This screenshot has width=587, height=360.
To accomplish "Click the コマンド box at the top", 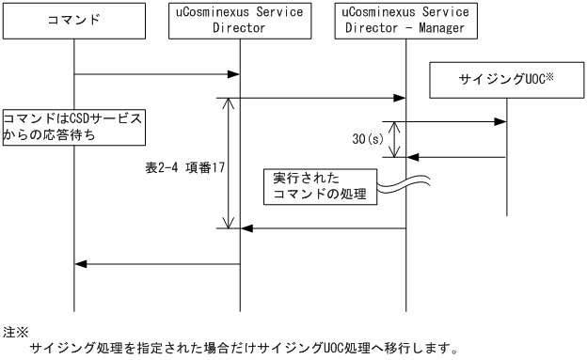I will (73, 21).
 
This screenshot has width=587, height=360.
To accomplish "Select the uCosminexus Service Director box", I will (240, 21).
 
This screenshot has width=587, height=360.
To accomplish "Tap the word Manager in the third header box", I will (452, 29).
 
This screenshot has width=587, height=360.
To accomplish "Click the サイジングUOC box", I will (507, 81).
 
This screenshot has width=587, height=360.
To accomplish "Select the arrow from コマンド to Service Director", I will (156, 74).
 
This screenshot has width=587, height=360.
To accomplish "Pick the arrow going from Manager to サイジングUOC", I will (456, 120).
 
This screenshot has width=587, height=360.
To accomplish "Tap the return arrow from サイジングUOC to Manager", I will (456, 157).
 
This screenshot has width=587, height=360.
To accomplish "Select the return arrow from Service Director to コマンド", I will (156, 263).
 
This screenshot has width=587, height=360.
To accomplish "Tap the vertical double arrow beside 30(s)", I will (396, 138).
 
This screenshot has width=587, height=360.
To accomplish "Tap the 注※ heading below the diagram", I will (16, 331).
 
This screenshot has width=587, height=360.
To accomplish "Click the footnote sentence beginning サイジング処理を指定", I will (245, 350).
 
